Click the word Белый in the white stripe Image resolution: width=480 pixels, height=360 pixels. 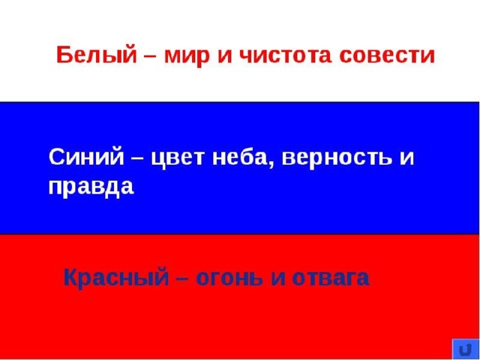(x=97, y=55)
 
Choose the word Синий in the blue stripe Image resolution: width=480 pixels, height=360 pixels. (x=86, y=156)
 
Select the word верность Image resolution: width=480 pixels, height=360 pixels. (x=337, y=159)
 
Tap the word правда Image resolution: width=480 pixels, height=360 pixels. (x=91, y=188)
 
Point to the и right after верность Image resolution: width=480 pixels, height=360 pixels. (x=406, y=159)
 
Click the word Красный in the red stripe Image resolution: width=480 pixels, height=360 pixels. (x=116, y=279)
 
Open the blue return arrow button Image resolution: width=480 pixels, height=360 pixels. (x=466, y=349)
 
